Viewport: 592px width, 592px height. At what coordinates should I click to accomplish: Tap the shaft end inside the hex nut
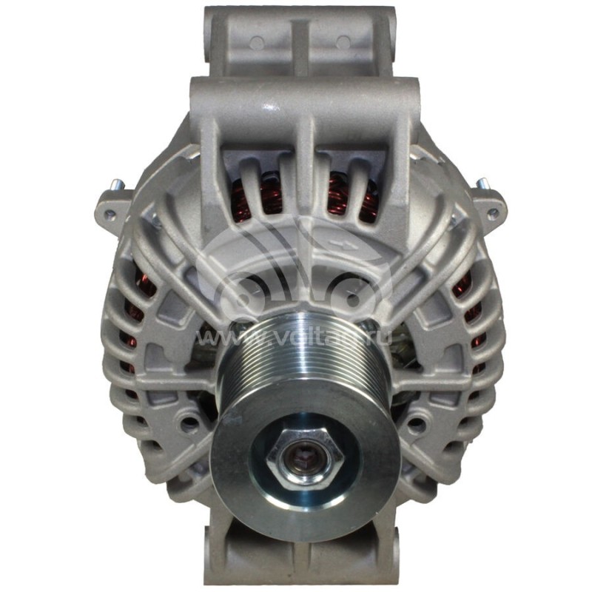(x=303, y=454)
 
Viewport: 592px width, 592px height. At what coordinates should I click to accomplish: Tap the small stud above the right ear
(x=481, y=184)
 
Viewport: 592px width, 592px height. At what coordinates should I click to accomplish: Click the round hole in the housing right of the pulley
(x=417, y=424)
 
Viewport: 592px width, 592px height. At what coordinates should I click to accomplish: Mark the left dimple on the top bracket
(x=256, y=43)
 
